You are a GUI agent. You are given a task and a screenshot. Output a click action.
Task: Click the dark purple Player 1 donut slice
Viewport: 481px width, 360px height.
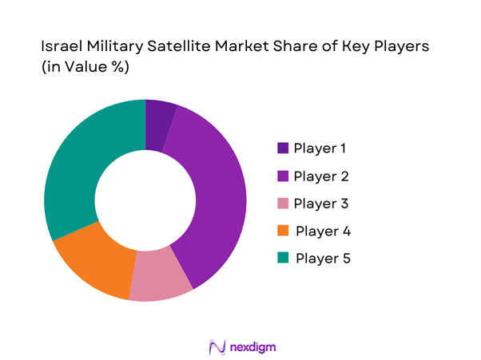(159, 125)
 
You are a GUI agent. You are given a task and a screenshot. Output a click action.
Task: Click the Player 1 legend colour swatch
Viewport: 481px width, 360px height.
(284, 148)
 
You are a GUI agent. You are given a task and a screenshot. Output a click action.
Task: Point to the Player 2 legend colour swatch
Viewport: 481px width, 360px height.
(284, 176)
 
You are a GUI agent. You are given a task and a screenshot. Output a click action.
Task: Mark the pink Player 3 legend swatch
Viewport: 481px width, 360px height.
(284, 204)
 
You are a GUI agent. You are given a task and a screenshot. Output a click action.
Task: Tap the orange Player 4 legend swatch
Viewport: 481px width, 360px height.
(284, 231)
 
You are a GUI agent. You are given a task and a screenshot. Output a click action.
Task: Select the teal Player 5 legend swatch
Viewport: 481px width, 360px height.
(284, 259)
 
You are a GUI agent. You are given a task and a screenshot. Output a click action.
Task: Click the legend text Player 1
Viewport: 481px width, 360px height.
(321, 148)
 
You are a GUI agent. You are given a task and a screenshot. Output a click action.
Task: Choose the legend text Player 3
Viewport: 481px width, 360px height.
(321, 204)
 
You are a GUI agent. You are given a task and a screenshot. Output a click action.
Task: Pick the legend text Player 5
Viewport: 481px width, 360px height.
(323, 259)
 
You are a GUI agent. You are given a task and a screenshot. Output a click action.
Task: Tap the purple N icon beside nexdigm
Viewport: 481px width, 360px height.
(216, 346)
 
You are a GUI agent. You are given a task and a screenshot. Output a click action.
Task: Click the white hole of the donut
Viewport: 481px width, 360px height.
(145, 200)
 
